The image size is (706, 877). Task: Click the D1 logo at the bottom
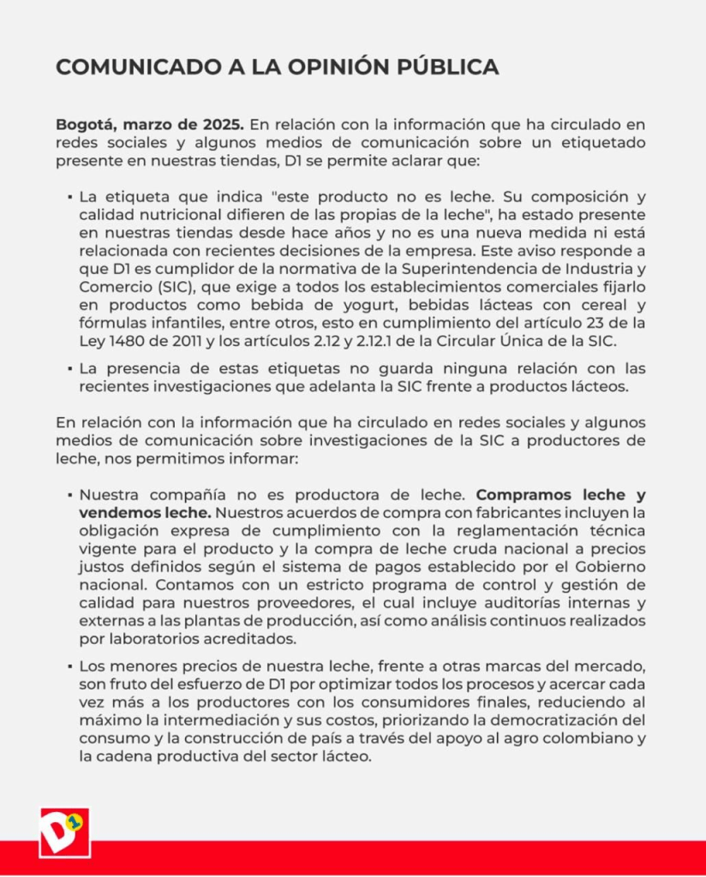coord(64,832)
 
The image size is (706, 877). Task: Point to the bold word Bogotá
coord(84,125)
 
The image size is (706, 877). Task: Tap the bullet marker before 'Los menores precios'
coord(68,666)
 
